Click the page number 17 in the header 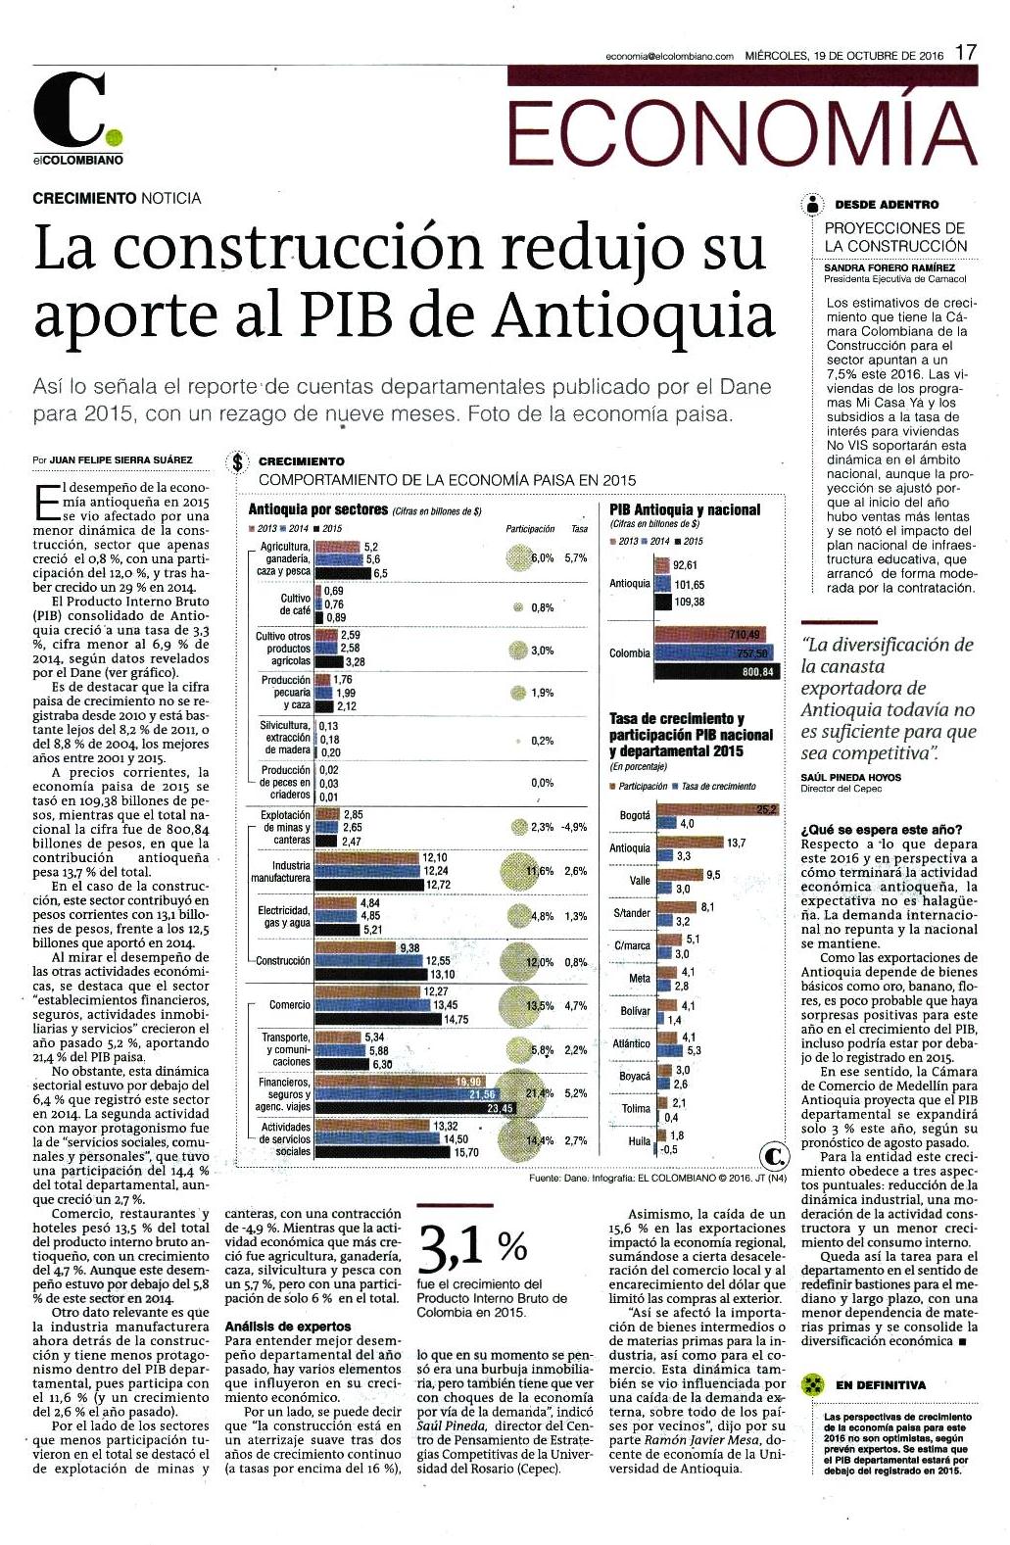pyautogui.click(x=966, y=53)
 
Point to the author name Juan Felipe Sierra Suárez pyautogui.click(x=120, y=460)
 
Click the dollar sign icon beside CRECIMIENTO pyautogui.click(x=237, y=462)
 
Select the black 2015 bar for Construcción pyautogui.click(x=371, y=975)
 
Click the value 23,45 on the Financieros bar pyautogui.click(x=500, y=1108)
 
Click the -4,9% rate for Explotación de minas pyautogui.click(x=575, y=827)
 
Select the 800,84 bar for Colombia pyautogui.click(x=717, y=671)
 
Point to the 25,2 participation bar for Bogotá pyautogui.click(x=717, y=809)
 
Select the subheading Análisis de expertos pyautogui.click(x=288, y=1327)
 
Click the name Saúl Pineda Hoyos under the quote pyautogui.click(x=850, y=777)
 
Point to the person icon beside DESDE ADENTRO pyautogui.click(x=813, y=204)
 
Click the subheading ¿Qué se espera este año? pyautogui.click(x=881, y=830)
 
